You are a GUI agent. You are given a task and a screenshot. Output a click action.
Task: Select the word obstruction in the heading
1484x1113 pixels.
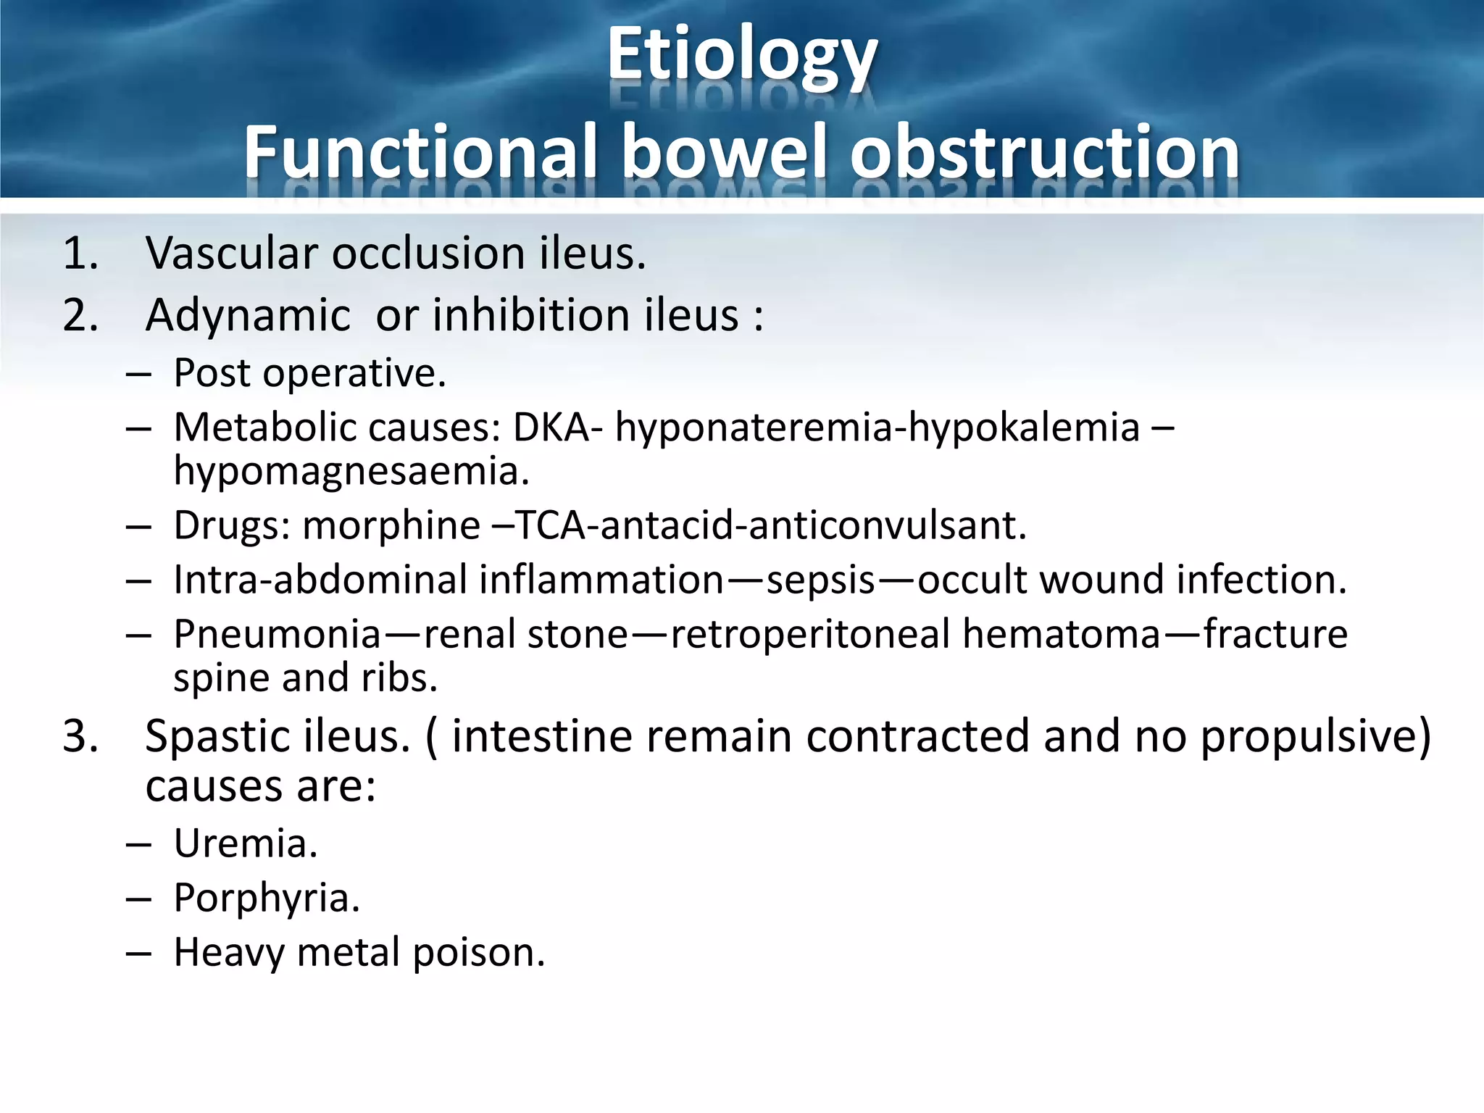(1044, 152)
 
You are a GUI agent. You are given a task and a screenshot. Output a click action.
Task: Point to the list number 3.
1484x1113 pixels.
(80, 736)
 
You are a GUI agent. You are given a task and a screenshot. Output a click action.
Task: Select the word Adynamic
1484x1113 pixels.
(248, 317)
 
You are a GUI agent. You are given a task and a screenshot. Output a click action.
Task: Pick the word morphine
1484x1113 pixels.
(391, 525)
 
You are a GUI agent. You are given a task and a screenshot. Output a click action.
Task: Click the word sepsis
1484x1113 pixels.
(820, 580)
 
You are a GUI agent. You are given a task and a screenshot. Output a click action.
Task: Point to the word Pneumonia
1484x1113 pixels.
(278, 635)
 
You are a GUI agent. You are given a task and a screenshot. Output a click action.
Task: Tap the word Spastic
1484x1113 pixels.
(217, 737)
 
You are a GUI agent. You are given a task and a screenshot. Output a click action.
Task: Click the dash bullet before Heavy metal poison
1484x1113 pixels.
(138, 953)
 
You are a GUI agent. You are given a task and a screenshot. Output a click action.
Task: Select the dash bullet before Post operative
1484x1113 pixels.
(138, 374)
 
